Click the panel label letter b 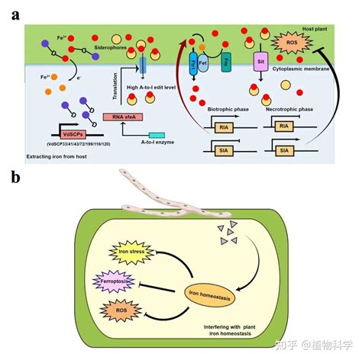click(x=15, y=179)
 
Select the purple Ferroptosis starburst click(x=99, y=284)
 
